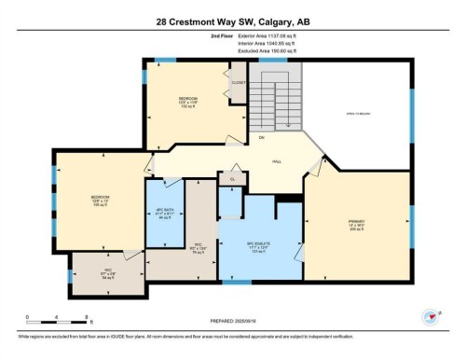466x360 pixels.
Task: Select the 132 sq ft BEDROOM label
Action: point(189,101)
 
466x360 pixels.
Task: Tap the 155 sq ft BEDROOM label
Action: point(101,201)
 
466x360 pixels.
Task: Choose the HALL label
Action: point(277,160)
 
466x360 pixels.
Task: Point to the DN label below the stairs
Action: point(264,138)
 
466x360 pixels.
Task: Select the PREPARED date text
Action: point(232,324)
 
